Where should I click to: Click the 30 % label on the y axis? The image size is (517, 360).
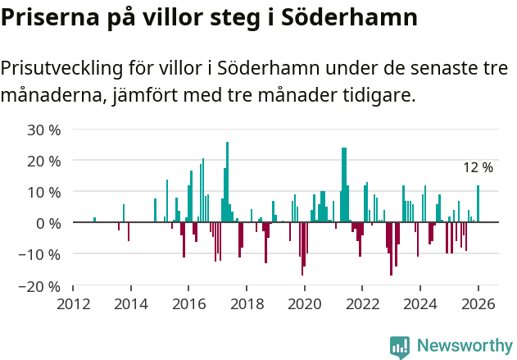(44, 130)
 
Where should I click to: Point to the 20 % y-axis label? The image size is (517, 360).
(44, 161)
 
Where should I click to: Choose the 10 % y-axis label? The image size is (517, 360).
(44, 192)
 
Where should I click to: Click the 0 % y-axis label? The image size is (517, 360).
(48, 223)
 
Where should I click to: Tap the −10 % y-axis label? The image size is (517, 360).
(41, 254)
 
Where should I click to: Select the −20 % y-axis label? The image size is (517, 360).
(41, 286)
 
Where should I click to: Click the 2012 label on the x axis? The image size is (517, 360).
(73, 303)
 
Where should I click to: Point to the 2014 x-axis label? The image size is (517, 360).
(131, 303)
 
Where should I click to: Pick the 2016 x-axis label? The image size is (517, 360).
(188, 303)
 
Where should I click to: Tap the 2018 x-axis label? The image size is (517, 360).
(247, 303)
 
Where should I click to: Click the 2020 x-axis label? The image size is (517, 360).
(305, 303)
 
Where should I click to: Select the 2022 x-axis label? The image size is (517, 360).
(362, 303)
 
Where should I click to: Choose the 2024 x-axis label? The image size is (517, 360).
(420, 303)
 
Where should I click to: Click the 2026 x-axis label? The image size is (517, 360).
(478, 303)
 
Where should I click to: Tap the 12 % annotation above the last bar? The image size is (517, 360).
(478, 168)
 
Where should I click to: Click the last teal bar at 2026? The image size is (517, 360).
(478, 204)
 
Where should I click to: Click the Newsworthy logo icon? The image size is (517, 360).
(400, 346)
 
